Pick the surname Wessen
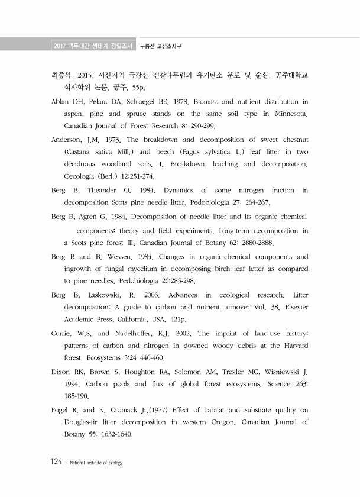tap(124, 257)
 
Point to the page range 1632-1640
tap(115, 435)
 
